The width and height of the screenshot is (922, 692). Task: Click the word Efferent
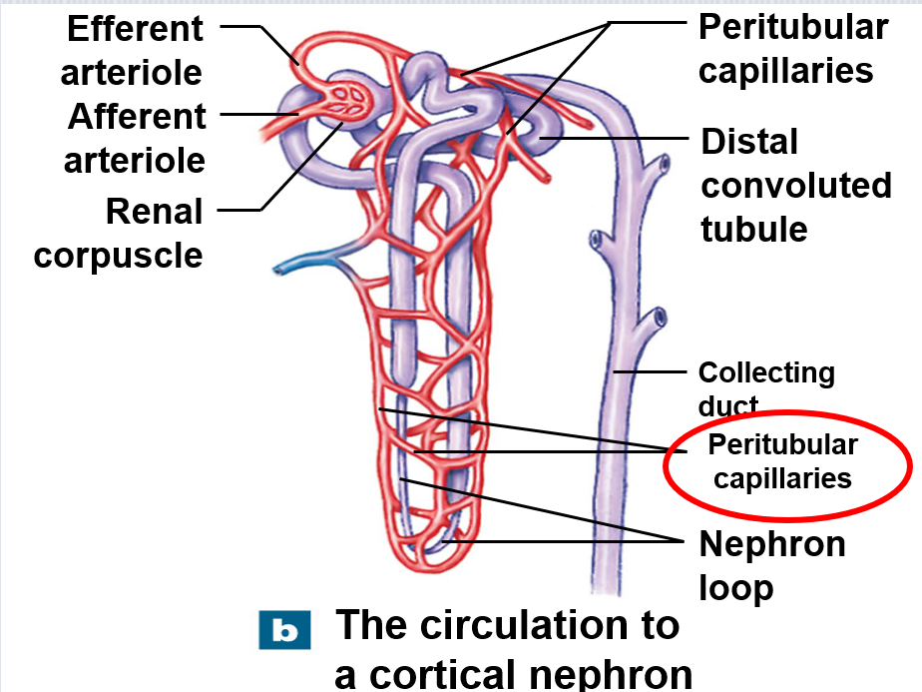pos(136,29)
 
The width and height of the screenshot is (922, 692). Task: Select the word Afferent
pos(137,116)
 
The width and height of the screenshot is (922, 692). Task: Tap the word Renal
pos(154,212)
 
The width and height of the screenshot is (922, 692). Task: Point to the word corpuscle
pos(118,257)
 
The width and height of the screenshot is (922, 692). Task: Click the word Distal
pos(749,142)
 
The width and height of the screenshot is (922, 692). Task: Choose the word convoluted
pos(796,186)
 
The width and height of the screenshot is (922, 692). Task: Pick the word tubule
pos(753,229)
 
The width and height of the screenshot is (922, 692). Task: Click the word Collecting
pos(766,373)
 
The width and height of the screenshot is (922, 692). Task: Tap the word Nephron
pos(772,543)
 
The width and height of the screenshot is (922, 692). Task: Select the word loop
pos(736,588)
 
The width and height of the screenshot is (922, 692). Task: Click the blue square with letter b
pos(284,630)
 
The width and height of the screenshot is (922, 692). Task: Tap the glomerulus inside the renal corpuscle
pos(348,100)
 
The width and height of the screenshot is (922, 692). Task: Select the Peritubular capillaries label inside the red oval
pos(782,461)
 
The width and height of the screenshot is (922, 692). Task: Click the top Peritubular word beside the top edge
pos(793,27)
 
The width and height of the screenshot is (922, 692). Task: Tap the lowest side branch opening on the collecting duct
pos(660,318)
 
